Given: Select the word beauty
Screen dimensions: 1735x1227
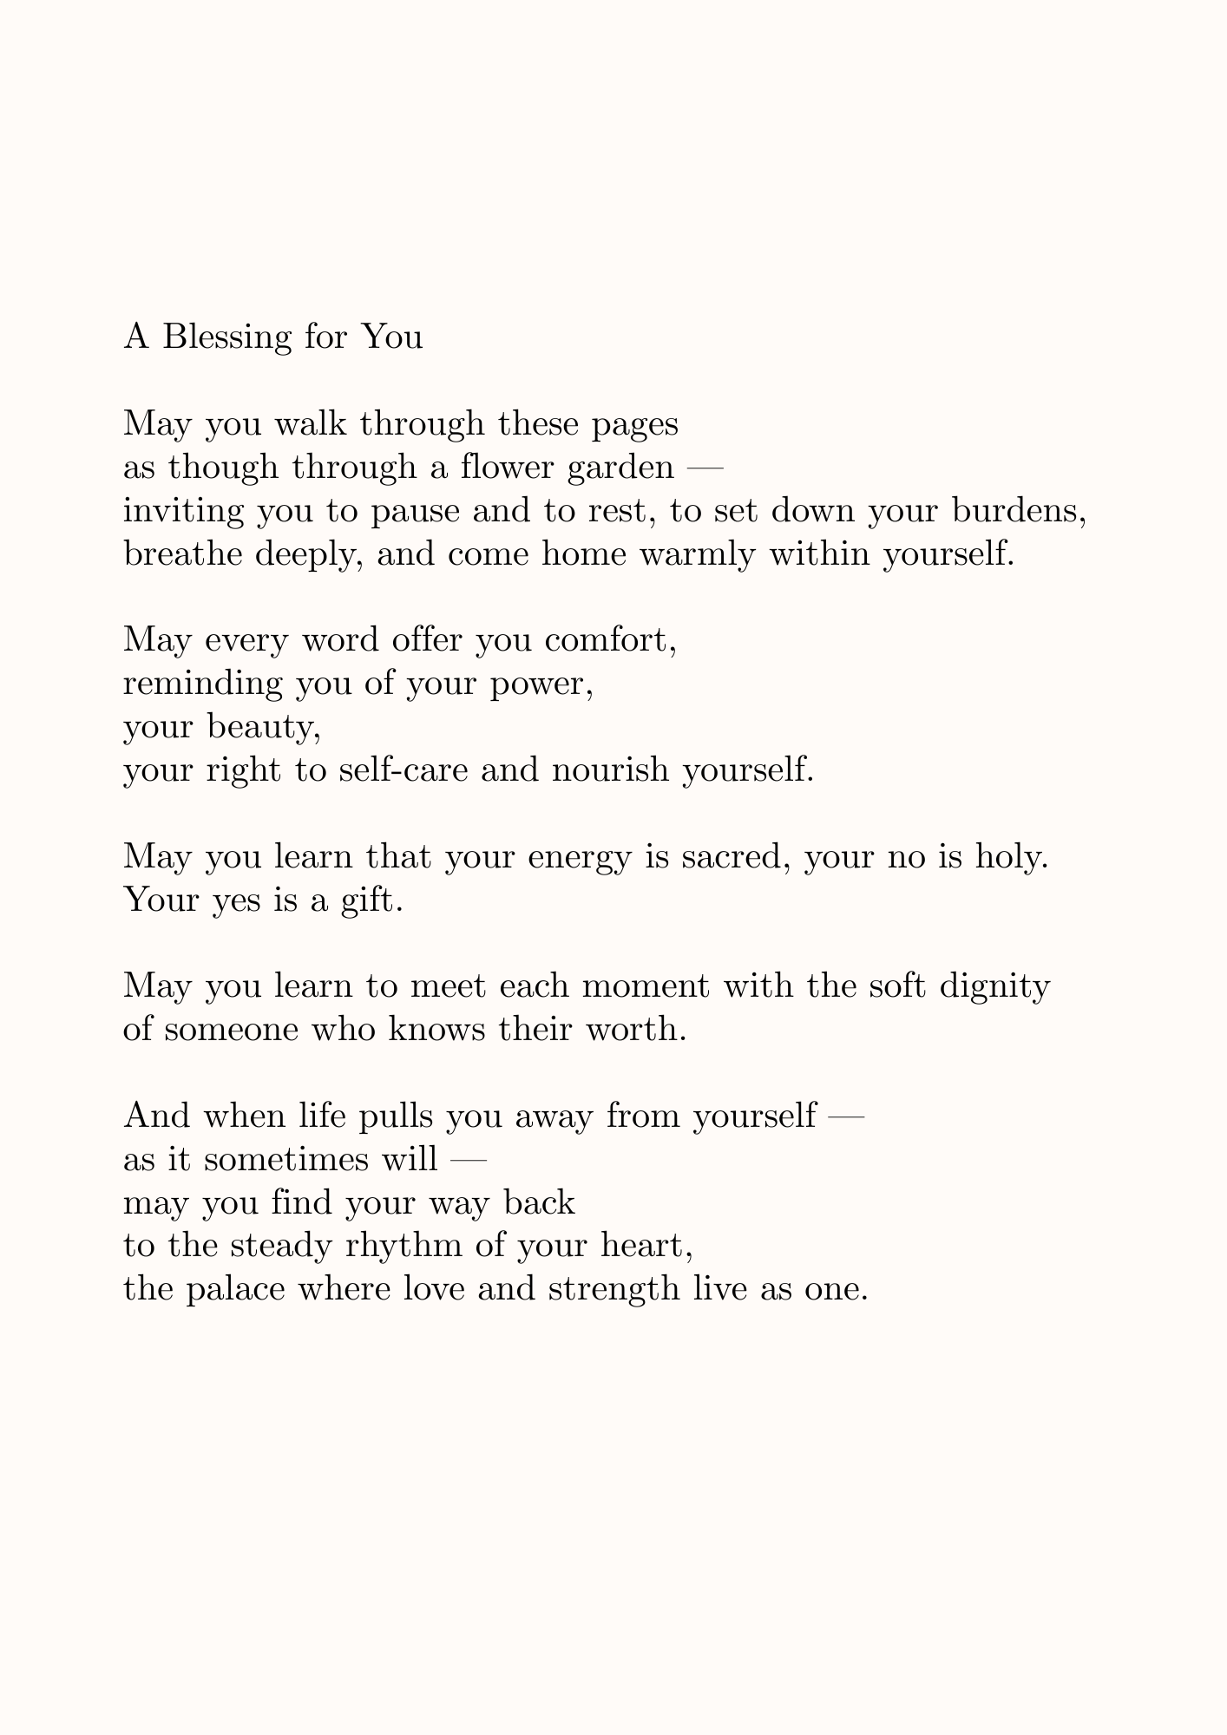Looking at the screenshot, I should point(265,727).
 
